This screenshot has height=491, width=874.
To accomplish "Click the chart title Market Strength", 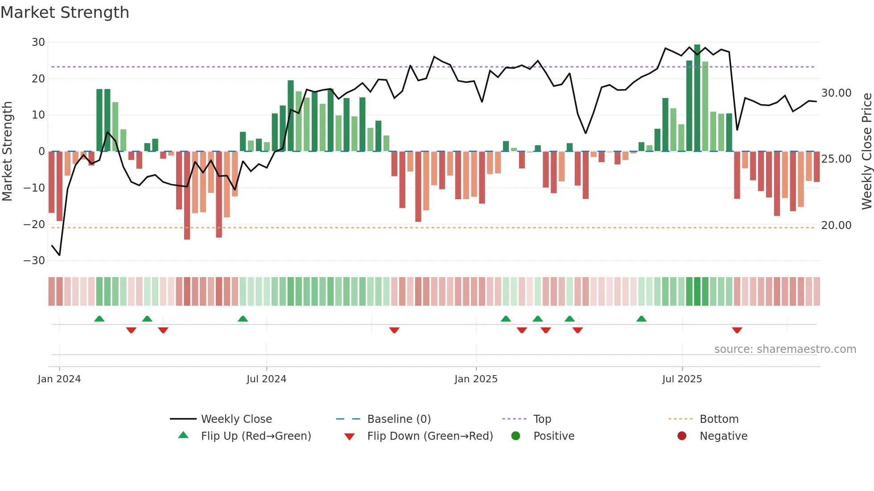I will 65,12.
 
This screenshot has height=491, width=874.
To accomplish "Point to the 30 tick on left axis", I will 38,42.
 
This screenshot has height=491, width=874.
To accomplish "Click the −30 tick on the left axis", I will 34,261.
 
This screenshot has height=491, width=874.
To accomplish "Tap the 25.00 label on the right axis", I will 836,159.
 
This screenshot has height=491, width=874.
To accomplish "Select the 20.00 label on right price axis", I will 836,225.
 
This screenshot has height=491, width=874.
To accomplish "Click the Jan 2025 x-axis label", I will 476,379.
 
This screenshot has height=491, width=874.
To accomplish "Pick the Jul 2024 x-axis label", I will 266,379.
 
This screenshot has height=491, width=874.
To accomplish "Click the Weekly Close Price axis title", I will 866,151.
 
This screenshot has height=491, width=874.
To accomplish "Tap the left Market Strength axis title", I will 7,151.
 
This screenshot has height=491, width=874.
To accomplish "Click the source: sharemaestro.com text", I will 785,349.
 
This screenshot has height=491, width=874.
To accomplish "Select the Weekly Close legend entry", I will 236,419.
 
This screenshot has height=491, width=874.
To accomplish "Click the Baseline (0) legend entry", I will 399,419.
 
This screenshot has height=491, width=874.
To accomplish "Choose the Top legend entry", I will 542,419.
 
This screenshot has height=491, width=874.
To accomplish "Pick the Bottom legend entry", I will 719,419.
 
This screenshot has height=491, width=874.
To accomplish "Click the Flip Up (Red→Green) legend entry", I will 256,436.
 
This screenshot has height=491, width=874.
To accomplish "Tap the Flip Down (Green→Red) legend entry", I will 430,436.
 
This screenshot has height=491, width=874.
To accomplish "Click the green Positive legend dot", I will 515,436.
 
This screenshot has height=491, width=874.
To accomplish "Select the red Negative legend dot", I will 682,436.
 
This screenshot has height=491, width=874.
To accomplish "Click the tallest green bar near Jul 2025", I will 697,98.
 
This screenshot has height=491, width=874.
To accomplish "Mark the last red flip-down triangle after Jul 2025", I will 737,330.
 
